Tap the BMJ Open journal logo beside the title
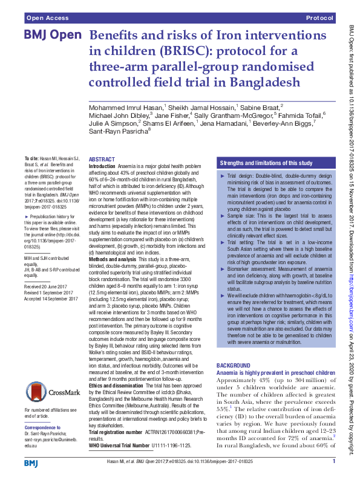52,36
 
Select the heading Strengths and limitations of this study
266,163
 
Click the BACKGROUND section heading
234,366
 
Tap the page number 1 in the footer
334,462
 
